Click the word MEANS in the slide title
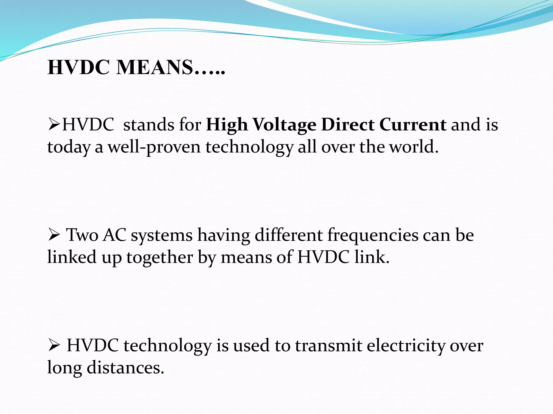coord(155,67)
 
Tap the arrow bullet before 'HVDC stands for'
coord(54,125)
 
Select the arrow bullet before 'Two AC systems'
coord(54,235)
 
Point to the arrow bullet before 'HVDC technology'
coord(54,346)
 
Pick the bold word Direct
coord(348,125)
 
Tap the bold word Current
coord(413,125)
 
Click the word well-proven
coord(154,147)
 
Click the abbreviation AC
coord(114,235)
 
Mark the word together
coord(160,257)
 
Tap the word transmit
coord(328,346)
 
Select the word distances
coord(125,368)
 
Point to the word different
coord(289,235)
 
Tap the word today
coord(69,147)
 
